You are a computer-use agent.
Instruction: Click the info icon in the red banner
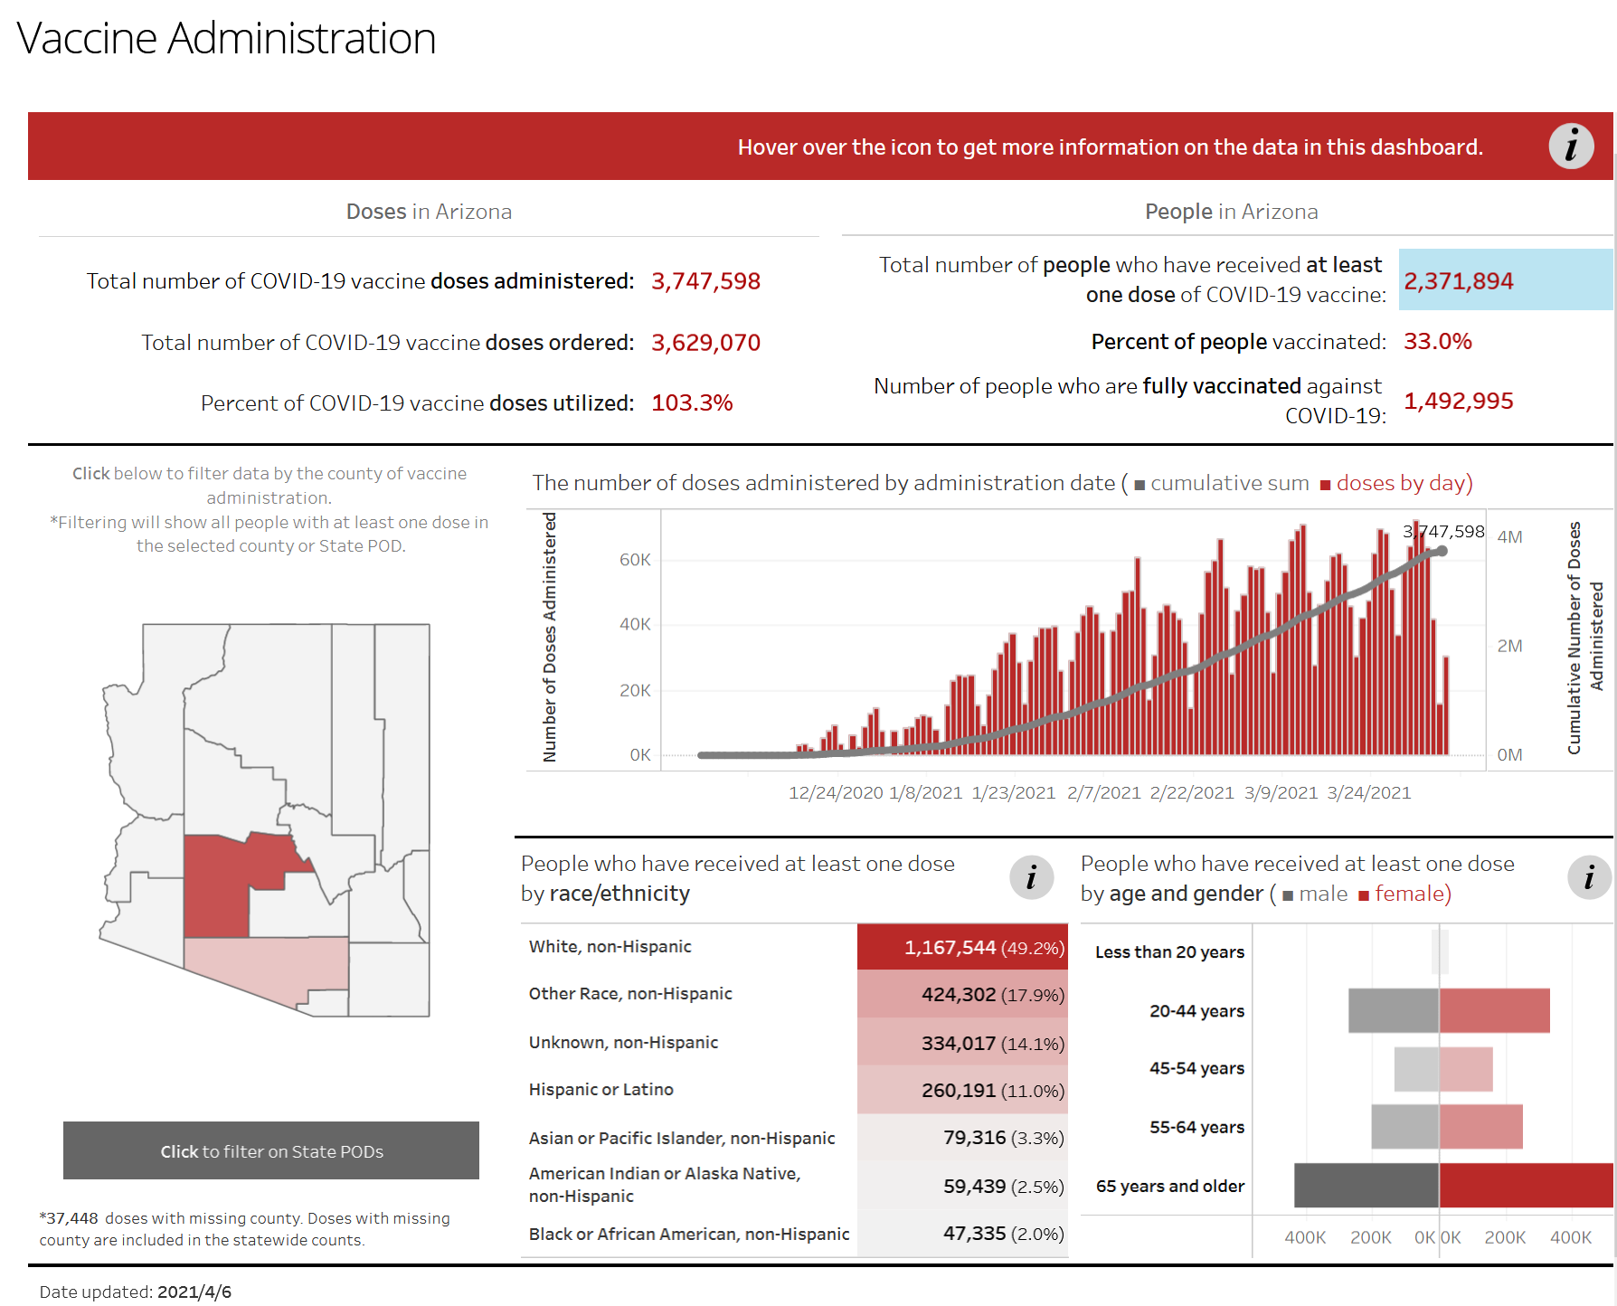point(1571,147)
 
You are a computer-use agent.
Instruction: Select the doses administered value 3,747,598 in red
point(705,281)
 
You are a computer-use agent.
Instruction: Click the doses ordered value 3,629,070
point(705,343)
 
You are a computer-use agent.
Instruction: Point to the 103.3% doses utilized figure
point(692,402)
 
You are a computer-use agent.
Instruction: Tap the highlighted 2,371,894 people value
point(1458,281)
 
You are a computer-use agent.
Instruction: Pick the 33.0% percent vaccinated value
point(1437,341)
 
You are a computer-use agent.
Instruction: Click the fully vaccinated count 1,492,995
point(1458,401)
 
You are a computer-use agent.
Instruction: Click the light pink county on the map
point(271,968)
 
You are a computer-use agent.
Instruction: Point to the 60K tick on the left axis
point(635,560)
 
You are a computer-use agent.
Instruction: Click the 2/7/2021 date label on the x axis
point(1103,793)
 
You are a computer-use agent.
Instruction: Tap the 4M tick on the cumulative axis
point(1509,537)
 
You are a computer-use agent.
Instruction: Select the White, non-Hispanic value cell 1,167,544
point(962,947)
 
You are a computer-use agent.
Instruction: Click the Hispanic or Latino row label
point(600,1090)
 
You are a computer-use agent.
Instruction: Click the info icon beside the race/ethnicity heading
point(1031,877)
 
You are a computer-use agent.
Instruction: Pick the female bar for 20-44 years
point(1494,1010)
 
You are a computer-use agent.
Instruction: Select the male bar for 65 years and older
point(1366,1185)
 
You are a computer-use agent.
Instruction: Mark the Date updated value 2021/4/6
point(194,1292)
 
